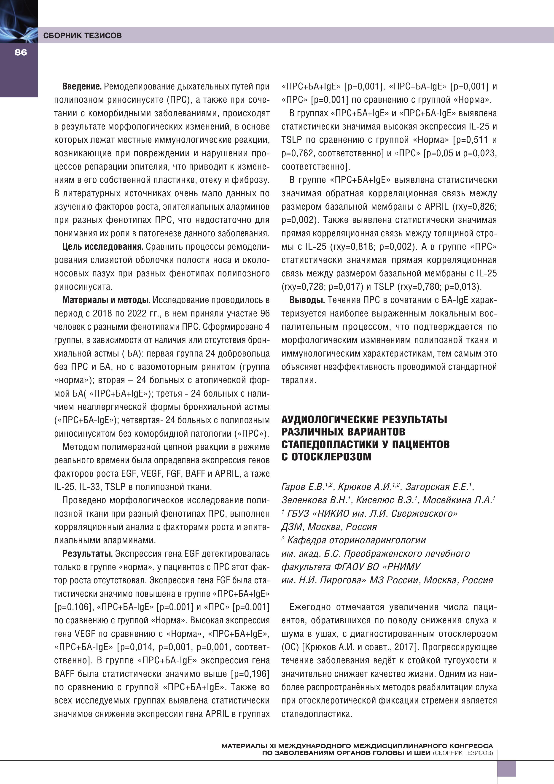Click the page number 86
point(21,52)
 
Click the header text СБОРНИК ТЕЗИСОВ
point(82,35)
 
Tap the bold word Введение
point(82,87)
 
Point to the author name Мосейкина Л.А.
point(457,500)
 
